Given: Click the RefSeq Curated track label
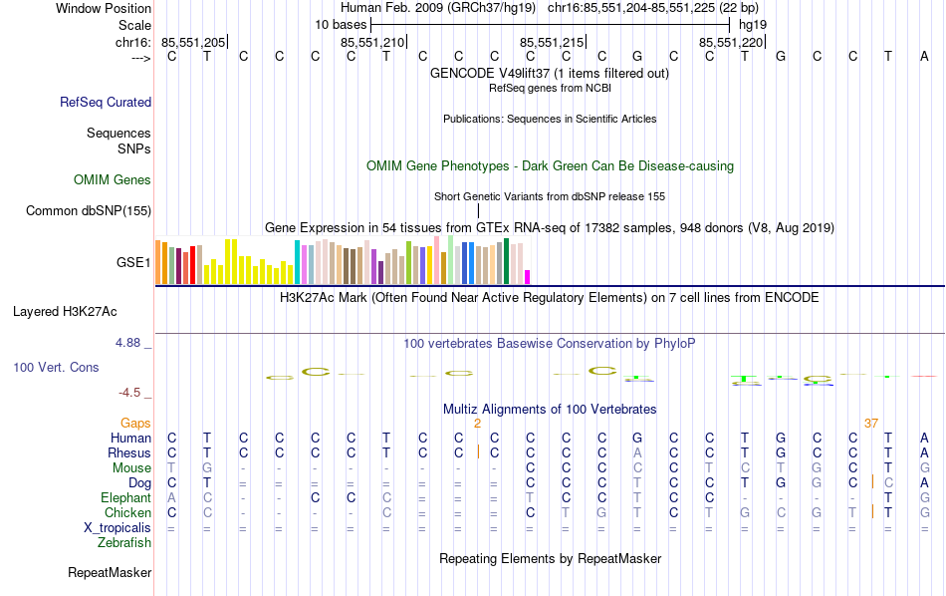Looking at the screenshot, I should click(x=106, y=102).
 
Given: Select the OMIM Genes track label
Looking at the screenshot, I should click(x=113, y=179).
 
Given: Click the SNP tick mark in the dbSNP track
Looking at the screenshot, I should click(x=478, y=210).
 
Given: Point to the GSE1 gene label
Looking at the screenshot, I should click(x=133, y=263).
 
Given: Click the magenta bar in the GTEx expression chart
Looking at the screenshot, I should click(x=528, y=276).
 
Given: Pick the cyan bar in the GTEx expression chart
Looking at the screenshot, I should click(x=297, y=262).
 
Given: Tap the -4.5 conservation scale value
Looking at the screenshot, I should click(x=133, y=392).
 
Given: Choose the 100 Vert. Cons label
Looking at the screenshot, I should click(x=56, y=367).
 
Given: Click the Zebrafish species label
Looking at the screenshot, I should click(x=124, y=542).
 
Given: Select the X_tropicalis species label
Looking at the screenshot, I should click(x=116, y=527).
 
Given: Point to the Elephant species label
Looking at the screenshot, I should click(x=125, y=497).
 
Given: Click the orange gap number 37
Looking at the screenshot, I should click(x=871, y=423).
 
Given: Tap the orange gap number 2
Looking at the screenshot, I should click(x=478, y=423).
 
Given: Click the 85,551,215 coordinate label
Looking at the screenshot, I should click(x=552, y=42).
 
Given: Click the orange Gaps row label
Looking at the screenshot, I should click(x=135, y=423).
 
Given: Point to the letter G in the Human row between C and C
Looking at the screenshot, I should click(x=637, y=438).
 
